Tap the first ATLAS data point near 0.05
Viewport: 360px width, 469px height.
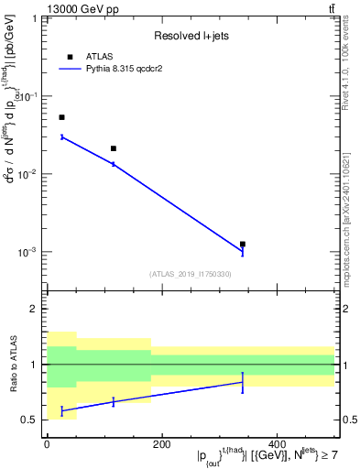tap(61, 117)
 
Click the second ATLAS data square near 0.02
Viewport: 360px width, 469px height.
tap(114, 148)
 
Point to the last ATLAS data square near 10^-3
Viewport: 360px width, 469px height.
tap(243, 245)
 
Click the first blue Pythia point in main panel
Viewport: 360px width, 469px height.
tap(61, 136)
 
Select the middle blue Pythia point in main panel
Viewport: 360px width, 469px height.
tap(114, 164)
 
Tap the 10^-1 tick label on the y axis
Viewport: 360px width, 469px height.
tap(27, 96)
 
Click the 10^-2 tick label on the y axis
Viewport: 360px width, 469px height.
tap(27, 174)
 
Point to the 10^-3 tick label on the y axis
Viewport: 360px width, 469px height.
tap(27, 252)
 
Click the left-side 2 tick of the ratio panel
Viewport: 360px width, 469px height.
tap(35, 310)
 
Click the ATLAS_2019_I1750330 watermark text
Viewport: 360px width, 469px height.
tap(191, 274)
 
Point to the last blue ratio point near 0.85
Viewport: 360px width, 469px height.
tap(243, 382)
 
